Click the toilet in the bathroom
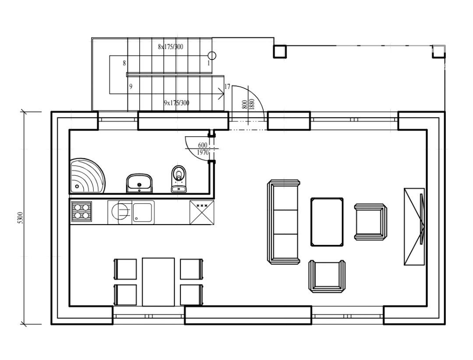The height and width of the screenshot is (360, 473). (x=179, y=179)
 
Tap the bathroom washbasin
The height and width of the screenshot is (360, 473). (x=139, y=183)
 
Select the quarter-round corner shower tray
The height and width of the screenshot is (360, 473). (x=87, y=176)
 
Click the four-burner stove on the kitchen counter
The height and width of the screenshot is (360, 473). (x=81, y=211)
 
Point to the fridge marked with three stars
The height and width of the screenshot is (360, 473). (x=202, y=212)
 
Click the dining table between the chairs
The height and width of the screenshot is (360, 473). (x=159, y=282)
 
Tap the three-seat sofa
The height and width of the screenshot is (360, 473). (x=283, y=222)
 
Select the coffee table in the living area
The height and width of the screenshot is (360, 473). (x=327, y=222)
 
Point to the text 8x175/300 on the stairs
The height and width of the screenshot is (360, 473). (x=170, y=47)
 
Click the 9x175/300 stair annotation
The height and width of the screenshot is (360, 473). (x=176, y=103)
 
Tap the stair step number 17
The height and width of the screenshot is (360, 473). (x=227, y=87)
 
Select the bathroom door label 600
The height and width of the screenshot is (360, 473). (x=203, y=145)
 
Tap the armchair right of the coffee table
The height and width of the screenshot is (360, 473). (x=371, y=222)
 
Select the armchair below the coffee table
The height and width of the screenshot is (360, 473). (x=327, y=276)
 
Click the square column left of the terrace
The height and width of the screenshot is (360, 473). (x=279, y=51)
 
